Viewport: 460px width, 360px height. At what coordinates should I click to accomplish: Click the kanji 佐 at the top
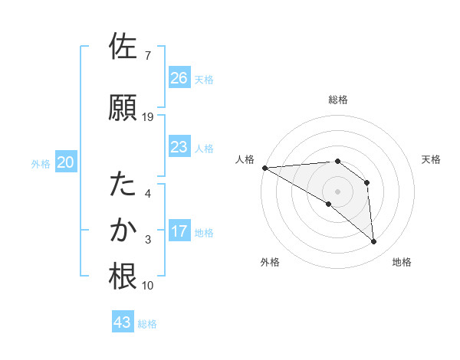123,47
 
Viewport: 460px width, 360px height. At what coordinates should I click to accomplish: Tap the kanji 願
123,108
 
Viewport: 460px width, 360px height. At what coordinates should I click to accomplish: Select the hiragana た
123,185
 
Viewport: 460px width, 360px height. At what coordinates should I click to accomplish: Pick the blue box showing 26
179,78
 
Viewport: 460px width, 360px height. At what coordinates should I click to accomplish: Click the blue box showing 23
179,147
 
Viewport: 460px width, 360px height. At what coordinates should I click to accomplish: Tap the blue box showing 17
179,231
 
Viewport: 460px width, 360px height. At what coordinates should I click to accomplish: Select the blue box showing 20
66,162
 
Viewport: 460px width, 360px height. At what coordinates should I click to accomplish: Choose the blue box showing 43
123,322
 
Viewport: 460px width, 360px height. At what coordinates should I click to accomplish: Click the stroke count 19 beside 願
148,117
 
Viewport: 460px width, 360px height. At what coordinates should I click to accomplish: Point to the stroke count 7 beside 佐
147,56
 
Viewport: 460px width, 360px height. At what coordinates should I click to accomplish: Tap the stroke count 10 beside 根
147,286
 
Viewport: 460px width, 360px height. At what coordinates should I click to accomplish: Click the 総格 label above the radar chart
337,100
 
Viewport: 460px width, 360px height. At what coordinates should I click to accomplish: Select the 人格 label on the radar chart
246,159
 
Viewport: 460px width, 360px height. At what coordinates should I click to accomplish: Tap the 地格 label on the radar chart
402,262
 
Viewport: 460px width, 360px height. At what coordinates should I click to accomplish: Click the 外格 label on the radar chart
269,262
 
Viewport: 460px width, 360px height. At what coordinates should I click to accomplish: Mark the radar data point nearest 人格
264,167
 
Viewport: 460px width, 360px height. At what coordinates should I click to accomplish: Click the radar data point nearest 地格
373,241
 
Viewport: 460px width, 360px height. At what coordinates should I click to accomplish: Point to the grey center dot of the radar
337,191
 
